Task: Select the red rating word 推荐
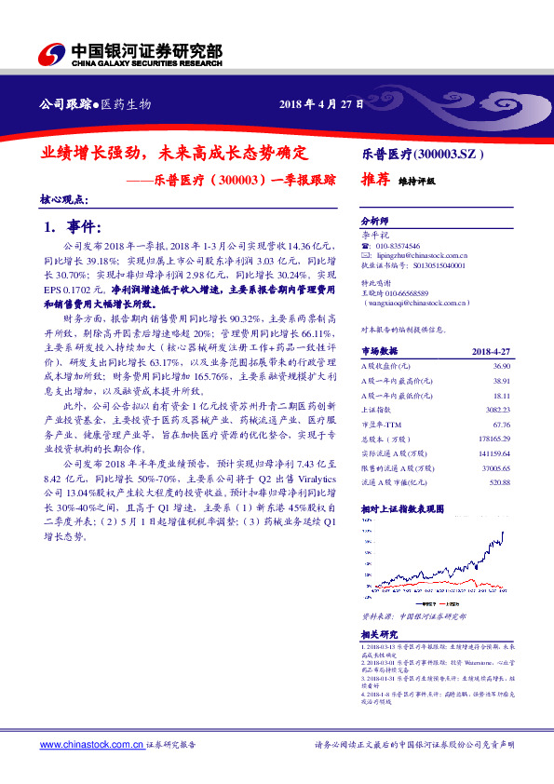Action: (x=374, y=182)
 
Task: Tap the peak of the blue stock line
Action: (x=504, y=533)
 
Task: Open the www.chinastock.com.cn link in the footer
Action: (x=91, y=745)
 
